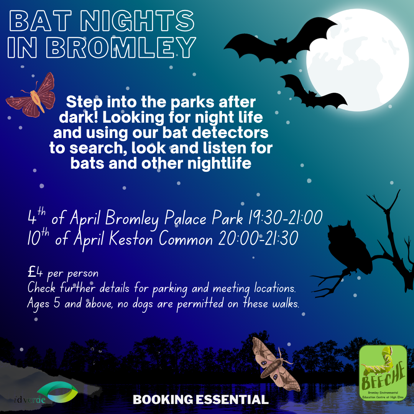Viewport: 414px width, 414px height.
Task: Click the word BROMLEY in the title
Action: [x=121, y=47]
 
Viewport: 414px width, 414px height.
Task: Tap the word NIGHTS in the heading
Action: [x=137, y=21]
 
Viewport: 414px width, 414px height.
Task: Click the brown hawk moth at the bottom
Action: [x=274, y=365]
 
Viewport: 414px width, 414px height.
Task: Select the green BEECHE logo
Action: [x=383, y=373]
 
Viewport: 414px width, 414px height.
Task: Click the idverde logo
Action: [x=46, y=393]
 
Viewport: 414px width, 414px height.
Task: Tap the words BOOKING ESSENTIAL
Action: [x=200, y=399]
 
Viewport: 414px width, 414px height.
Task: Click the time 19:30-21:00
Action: [x=285, y=218]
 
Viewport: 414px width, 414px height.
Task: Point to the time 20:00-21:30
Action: [x=258, y=238]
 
